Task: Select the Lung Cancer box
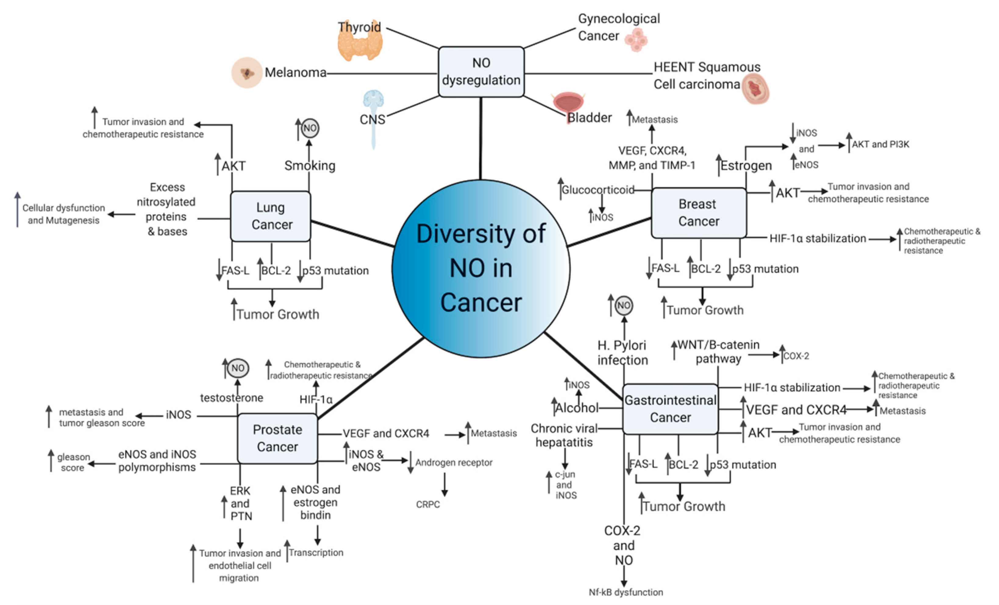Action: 270,216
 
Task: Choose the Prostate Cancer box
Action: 277,438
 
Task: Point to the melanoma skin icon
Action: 247,73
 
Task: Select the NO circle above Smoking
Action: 310,129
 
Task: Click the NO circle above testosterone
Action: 238,368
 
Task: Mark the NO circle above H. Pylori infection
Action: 623,306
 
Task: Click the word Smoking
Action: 310,166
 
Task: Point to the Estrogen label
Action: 746,166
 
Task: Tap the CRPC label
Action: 428,504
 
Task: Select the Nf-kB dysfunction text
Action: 626,593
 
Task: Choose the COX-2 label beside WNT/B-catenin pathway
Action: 796,356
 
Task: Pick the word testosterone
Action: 231,398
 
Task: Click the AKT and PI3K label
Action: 880,144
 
